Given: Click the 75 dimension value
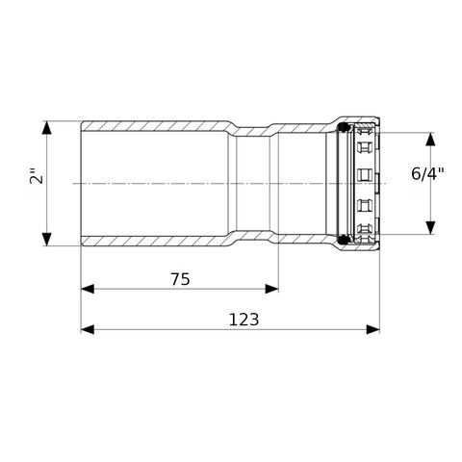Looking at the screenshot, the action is (180, 279).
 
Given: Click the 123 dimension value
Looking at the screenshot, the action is (244, 320).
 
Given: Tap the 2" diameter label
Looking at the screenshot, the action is (37, 175).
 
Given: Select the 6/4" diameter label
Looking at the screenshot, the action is (427, 174).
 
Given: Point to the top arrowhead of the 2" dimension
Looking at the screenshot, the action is (47, 127).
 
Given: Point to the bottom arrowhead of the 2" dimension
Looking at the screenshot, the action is (47, 240).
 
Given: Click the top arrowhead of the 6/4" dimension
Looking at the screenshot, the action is (431, 139).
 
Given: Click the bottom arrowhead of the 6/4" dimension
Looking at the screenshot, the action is (431, 227).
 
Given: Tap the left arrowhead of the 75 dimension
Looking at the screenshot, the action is (88, 289).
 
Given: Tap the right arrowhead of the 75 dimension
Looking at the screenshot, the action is (271, 289).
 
